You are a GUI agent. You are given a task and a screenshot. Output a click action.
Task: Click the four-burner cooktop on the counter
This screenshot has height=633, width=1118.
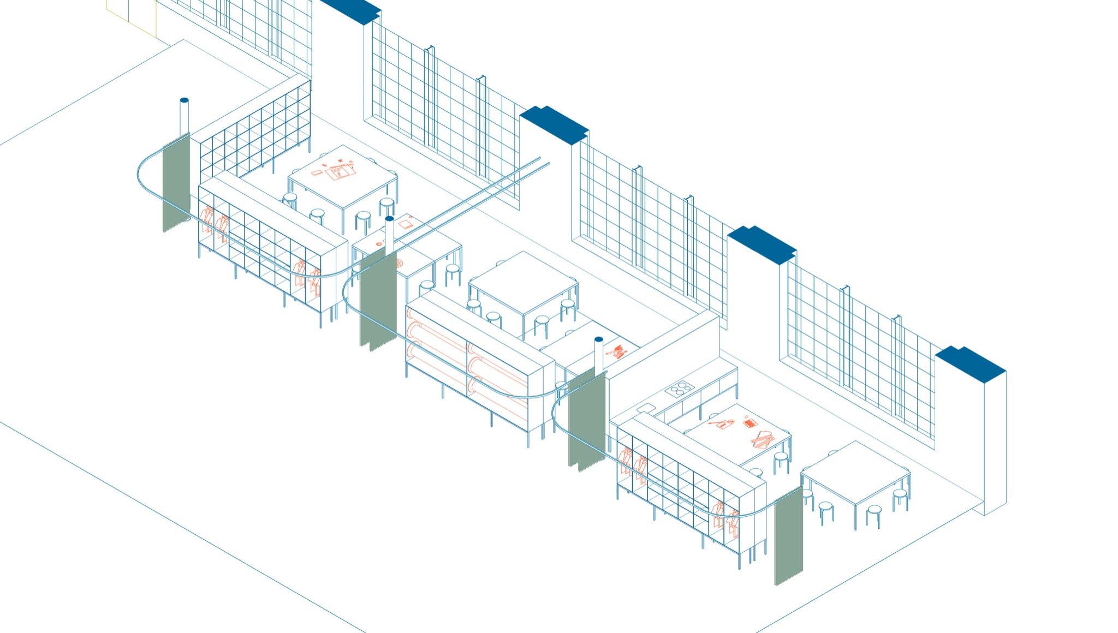click(x=680, y=389)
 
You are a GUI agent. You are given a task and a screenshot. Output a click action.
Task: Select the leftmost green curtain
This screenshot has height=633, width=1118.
click(x=176, y=183)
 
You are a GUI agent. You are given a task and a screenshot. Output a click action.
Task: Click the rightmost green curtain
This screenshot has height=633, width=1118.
click(x=789, y=538)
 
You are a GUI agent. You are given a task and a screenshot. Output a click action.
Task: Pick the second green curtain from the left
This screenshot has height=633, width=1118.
click(x=377, y=300)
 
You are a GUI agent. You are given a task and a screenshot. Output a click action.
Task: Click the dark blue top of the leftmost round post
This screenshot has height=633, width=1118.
click(x=184, y=100)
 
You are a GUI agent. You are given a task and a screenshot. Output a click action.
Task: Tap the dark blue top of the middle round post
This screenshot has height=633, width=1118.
click(x=389, y=219)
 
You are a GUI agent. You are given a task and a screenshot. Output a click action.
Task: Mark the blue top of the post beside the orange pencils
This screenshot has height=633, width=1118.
click(x=598, y=339)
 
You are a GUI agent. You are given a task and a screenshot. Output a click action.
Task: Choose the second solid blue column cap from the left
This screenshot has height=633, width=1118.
click(x=554, y=125)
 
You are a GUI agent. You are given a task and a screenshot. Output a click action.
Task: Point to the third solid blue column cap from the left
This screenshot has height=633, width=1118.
click(x=762, y=244)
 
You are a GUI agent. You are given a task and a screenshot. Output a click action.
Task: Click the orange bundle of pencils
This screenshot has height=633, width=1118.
click(x=617, y=351)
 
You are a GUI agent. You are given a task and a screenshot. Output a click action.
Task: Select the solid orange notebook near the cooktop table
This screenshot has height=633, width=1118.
click(x=751, y=423)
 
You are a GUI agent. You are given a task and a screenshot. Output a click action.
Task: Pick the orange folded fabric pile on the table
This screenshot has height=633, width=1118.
click(x=762, y=439)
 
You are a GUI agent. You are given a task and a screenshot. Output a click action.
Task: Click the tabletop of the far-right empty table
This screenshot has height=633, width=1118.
click(x=855, y=472)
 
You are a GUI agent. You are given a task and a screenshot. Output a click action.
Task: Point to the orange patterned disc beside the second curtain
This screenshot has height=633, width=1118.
click(x=399, y=263)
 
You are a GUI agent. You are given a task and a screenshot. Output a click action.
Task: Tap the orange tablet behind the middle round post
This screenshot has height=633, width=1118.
click(x=405, y=224)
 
